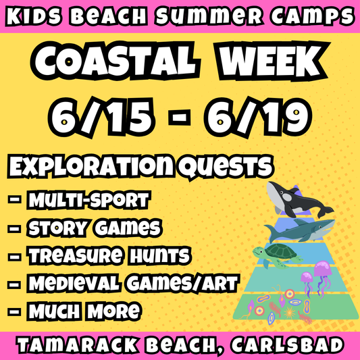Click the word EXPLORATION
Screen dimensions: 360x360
click(94, 165)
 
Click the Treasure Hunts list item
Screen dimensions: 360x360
click(108, 256)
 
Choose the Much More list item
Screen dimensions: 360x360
click(84, 311)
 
